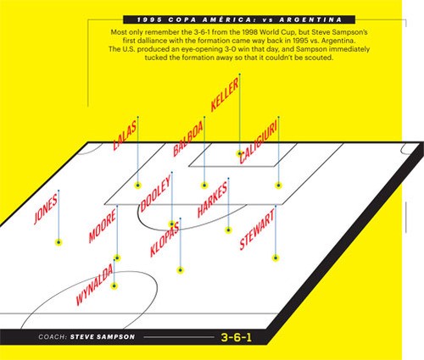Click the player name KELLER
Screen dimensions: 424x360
pyautogui.click(x=225, y=94)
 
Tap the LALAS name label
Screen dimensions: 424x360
pyautogui.click(x=125, y=136)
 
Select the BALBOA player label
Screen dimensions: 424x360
pyautogui.click(x=188, y=139)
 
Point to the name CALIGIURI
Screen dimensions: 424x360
pyautogui.click(x=259, y=143)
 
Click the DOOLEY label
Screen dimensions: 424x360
pyautogui.click(x=156, y=194)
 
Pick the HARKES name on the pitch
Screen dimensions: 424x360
pyautogui.click(x=212, y=200)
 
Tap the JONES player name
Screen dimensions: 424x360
pyautogui.click(x=46, y=209)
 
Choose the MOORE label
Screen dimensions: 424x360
pyautogui.click(x=102, y=226)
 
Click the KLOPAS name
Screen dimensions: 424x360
pyautogui.click(x=165, y=240)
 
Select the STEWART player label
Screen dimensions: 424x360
pyautogui.click(x=257, y=230)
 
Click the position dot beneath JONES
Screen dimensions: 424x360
pyautogui.click(x=59, y=242)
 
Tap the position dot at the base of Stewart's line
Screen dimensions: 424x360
pyautogui.click(x=276, y=258)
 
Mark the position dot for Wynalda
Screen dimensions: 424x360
pyautogui.click(x=114, y=286)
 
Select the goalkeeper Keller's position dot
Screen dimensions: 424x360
pyautogui.click(x=239, y=153)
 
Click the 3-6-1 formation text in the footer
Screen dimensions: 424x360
pyautogui.click(x=237, y=337)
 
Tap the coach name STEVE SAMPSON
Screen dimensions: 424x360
pyautogui.click(x=103, y=337)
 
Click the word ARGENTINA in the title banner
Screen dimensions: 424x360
pyautogui.click(x=310, y=19)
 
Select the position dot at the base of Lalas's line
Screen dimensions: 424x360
pyautogui.click(x=137, y=186)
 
